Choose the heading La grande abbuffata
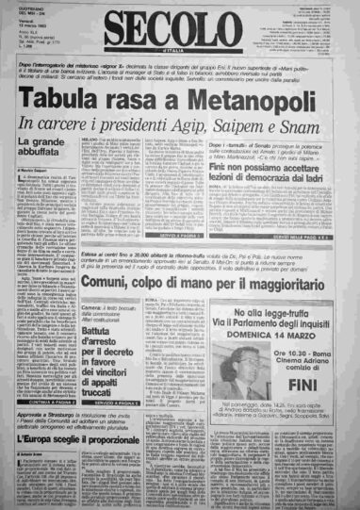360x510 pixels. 43,147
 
